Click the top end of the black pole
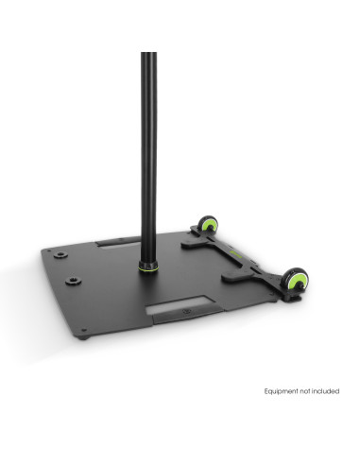[x=148, y=53]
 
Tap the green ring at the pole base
[x=148, y=268]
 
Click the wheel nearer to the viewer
[x=297, y=279]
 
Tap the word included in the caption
[x=325, y=391]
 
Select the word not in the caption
[x=305, y=391]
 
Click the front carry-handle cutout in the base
[x=180, y=304]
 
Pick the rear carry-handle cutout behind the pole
[x=118, y=245]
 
